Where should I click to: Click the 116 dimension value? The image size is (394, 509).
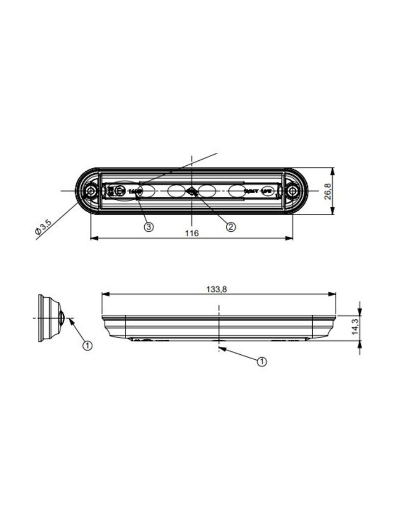click(192, 233)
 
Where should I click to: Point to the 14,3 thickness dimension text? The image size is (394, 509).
click(355, 326)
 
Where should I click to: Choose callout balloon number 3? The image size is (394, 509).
click(149, 226)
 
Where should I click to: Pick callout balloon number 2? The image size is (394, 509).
click(231, 226)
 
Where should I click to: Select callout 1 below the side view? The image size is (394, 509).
click(262, 362)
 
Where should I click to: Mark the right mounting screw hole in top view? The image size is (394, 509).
click(293, 191)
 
